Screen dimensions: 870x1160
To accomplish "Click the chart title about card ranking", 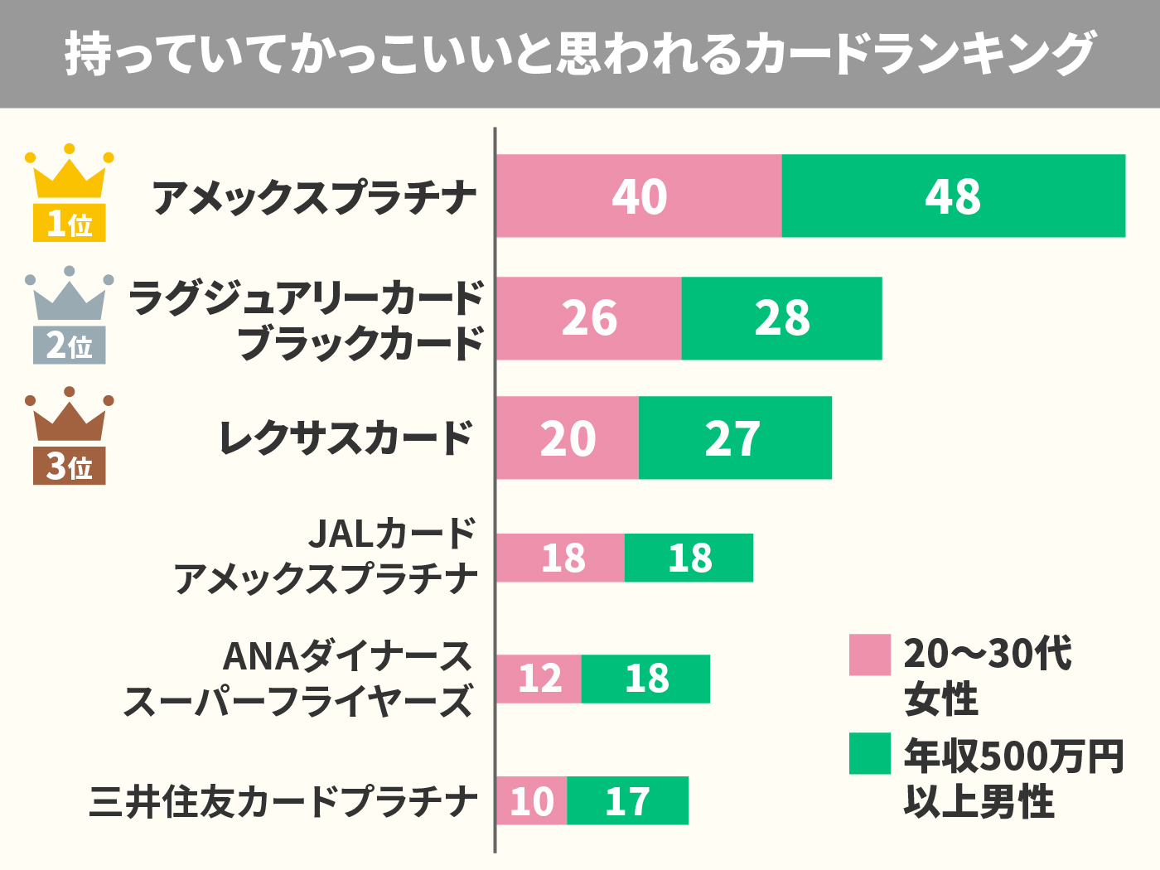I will (x=580, y=54).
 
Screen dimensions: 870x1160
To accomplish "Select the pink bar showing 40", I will (x=639, y=196).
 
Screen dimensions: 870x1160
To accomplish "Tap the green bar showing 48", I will (x=953, y=196).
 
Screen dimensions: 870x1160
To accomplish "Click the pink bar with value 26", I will (x=589, y=318).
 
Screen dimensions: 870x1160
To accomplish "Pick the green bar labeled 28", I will (x=781, y=318).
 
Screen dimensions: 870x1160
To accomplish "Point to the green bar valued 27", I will (x=735, y=438).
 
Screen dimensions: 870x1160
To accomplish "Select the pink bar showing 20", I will (x=568, y=438).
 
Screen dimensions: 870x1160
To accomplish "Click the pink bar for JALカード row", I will (x=561, y=558).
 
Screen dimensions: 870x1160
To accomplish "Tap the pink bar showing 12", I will (x=539, y=679).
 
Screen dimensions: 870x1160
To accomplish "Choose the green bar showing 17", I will (x=627, y=800).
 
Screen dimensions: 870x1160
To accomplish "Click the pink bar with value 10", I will (x=532, y=800).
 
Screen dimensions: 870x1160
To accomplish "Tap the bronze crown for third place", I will (x=70, y=417).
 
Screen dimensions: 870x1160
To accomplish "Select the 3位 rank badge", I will (x=70, y=466).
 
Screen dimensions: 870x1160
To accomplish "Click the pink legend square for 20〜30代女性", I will (x=870, y=655).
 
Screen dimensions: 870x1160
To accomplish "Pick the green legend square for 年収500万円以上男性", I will (x=870, y=753).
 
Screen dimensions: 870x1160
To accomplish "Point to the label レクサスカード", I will (x=346, y=438).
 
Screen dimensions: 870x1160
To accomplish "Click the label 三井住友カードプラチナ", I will (x=283, y=801).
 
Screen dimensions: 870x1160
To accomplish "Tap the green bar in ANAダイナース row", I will (x=645, y=679).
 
